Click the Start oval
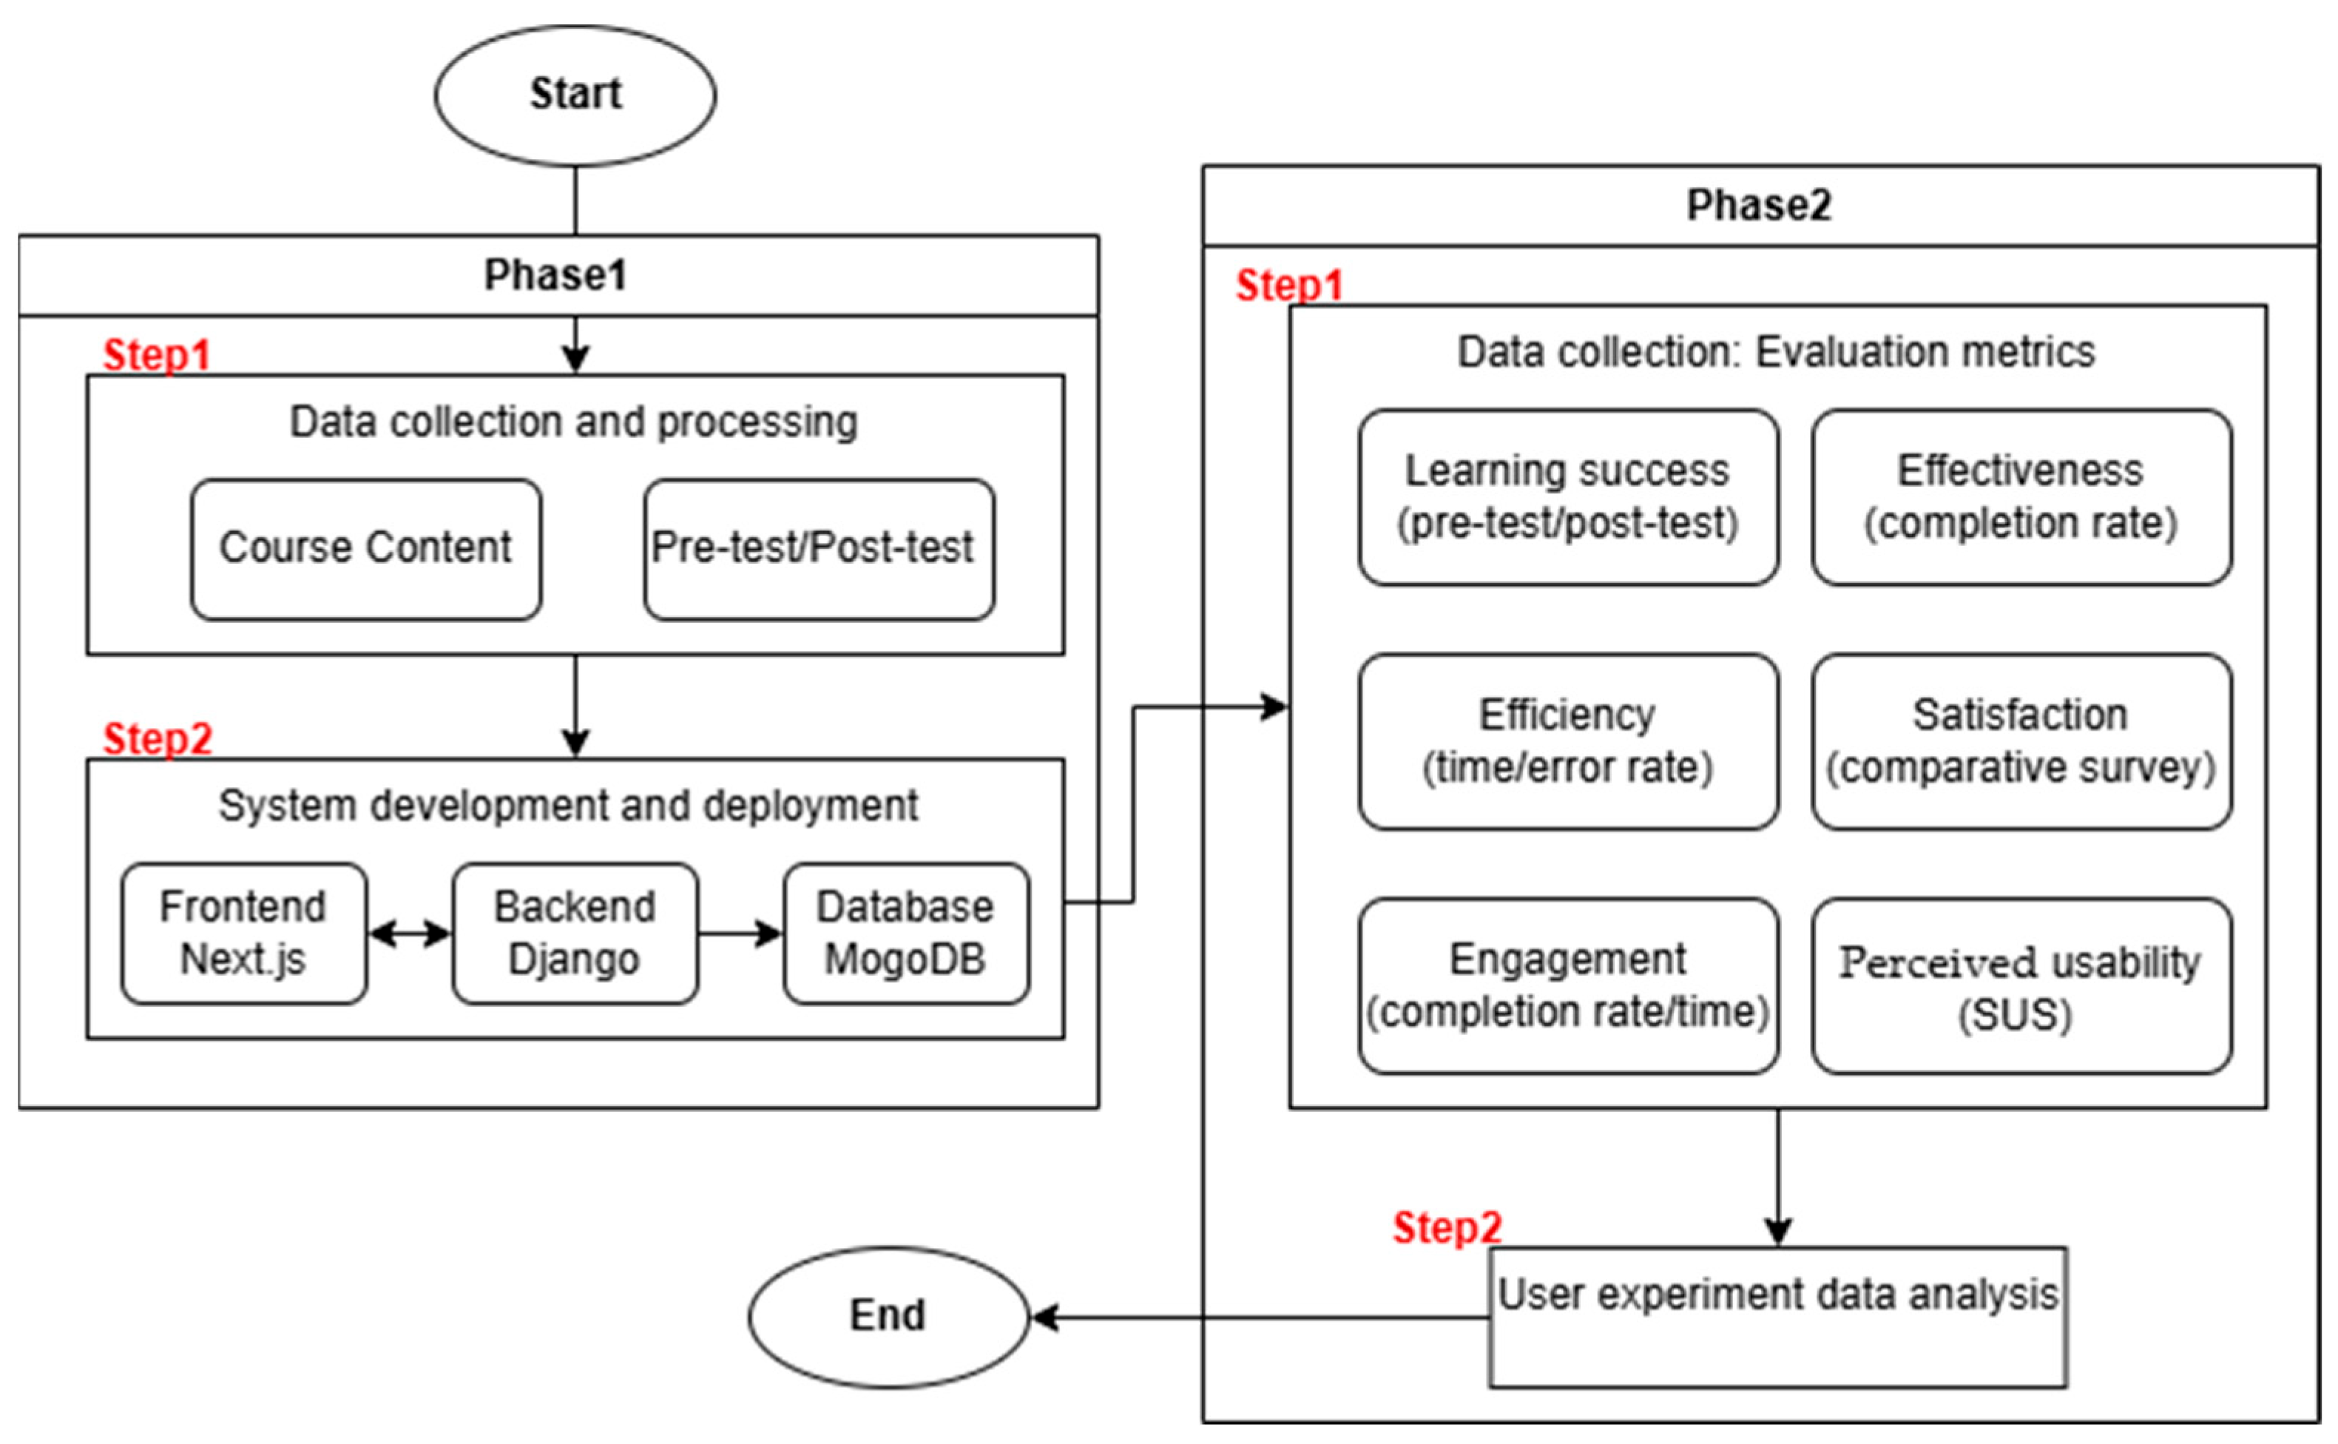pos(575,95)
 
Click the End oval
pos(888,1316)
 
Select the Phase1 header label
pos(556,276)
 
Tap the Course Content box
pos(365,549)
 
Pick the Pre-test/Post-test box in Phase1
pos(818,549)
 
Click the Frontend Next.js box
pos(243,933)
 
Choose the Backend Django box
pos(575,933)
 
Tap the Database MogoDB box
pos(905,933)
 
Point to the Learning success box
pos(1567,496)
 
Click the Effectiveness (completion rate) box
pos(2021,496)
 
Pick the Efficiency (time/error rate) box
pos(1567,741)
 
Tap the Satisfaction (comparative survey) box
pos(2021,741)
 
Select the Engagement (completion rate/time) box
pos(1567,985)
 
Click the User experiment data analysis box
pos(1777,1316)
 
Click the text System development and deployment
pos(569,806)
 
